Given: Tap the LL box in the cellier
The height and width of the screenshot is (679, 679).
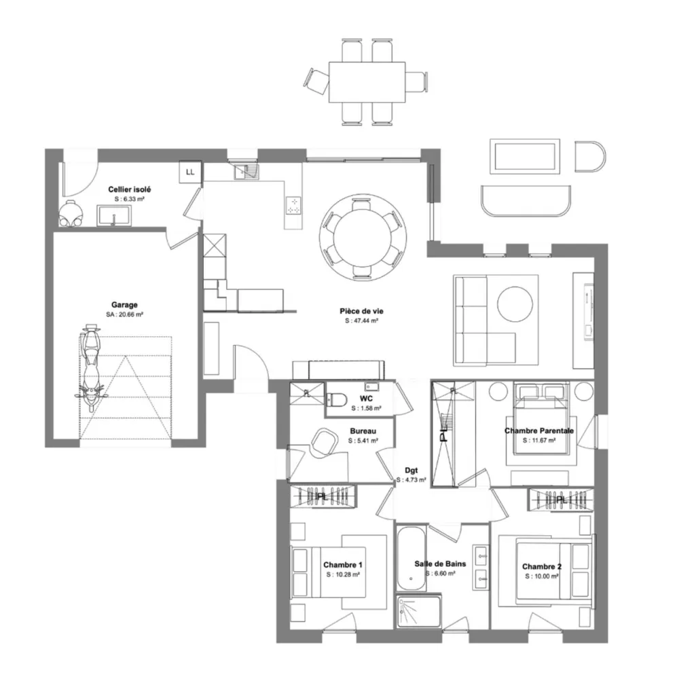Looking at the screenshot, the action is (x=190, y=172).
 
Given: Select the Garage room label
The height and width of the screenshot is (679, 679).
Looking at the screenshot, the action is (x=124, y=305).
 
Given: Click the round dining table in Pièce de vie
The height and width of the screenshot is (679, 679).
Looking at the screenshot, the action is (x=363, y=237).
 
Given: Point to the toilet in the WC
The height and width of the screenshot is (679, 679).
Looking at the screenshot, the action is (x=335, y=399).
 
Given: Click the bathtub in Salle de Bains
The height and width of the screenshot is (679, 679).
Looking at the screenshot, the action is (x=411, y=558).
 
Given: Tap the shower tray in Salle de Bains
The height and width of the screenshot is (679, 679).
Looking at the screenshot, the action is (x=418, y=612).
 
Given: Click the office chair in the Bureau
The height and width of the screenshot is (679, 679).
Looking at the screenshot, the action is (x=324, y=442).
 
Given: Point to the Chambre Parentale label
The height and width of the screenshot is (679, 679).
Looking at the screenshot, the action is (x=539, y=431).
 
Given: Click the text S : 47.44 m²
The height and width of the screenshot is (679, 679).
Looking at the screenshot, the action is (x=362, y=321).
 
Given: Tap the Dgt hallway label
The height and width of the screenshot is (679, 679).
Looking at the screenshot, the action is (x=411, y=471).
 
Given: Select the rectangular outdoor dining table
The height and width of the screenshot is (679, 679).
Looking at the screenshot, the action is (x=367, y=82).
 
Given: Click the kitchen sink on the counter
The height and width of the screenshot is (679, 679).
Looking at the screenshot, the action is (x=246, y=172).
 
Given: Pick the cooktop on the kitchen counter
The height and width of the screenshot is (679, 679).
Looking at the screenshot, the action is (x=293, y=205).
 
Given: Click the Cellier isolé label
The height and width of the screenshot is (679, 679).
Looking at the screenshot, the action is (x=130, y=189).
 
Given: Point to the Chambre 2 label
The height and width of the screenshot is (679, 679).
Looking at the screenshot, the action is (x=542, y=566).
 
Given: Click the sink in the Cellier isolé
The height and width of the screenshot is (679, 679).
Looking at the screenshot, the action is (x=113, y=216).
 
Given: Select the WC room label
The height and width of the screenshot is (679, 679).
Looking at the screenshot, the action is (x=366, y=399).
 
